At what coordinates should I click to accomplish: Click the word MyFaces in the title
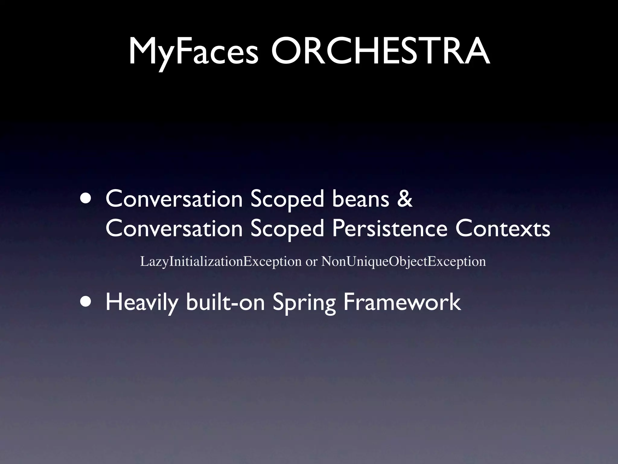(193, 51)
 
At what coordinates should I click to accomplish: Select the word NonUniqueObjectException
(403, 261)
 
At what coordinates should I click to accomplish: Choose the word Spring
(304, 303)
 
